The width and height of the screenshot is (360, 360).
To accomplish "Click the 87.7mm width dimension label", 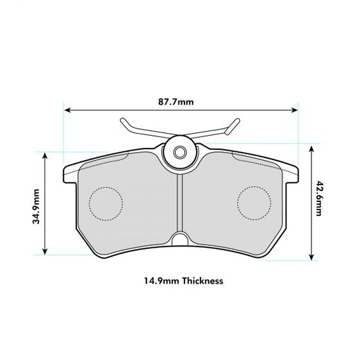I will [180, 102].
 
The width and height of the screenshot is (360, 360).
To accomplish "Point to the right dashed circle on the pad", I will [255, 201].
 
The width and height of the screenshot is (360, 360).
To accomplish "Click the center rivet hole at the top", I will [180, 152].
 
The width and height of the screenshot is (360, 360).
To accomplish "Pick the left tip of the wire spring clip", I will [122, 122].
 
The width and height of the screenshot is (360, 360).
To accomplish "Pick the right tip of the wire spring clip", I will [236, 122].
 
